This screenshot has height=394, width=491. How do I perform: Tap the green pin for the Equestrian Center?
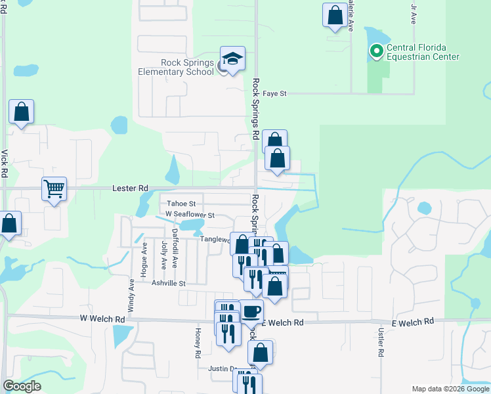click(377, 50)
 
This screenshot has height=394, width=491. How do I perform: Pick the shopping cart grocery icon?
click(54, 190)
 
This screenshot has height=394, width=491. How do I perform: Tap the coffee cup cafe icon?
click(251, 311)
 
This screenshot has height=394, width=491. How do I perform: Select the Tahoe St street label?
click(181, 204)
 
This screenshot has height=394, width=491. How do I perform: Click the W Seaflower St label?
click(190, 215)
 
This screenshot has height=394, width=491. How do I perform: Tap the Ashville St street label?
click(169, 283)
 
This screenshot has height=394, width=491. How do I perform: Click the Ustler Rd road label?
click(380, 343)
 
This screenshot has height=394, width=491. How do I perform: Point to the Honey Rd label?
click(197, 343)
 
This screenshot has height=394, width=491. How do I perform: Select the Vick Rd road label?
click(5, 164)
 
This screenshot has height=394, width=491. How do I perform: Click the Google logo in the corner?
click(22, 386)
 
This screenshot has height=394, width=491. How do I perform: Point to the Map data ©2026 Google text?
click(450, 389)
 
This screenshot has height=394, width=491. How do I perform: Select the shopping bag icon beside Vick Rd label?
click(22, 113)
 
